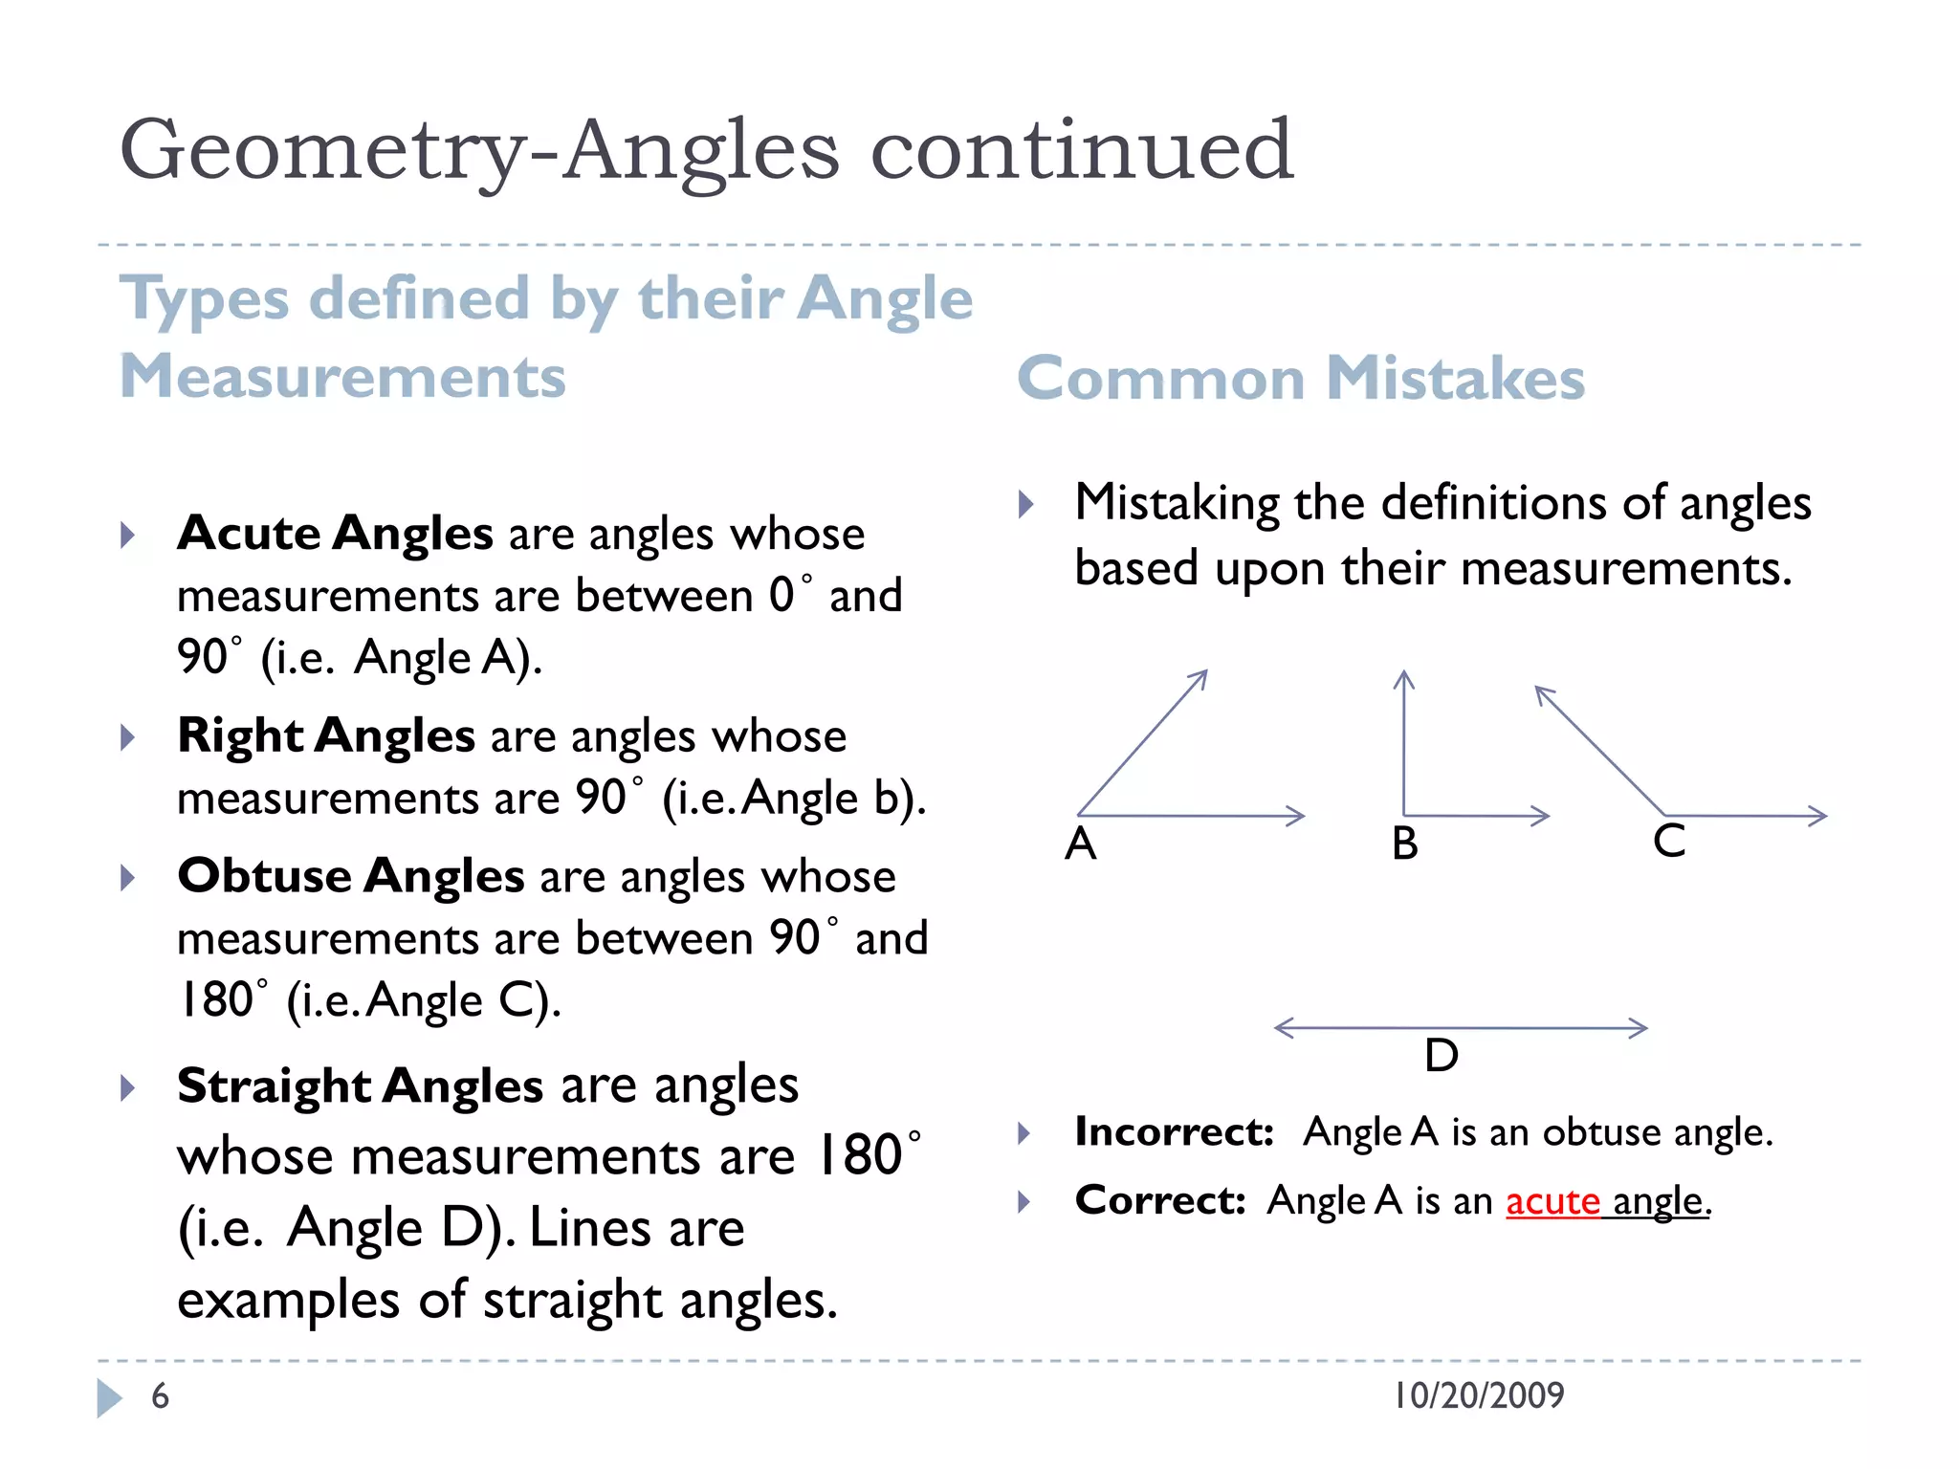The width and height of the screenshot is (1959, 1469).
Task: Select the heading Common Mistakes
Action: [1300, 378]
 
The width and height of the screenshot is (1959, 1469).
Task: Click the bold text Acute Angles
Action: [336, 533]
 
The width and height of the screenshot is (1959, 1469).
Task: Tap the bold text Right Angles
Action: [326, 735]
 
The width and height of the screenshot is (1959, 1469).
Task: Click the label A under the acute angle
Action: [1081, 844]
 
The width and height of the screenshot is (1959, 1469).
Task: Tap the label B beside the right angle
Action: [1404, 844]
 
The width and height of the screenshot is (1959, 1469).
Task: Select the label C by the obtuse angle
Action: [1669, 842]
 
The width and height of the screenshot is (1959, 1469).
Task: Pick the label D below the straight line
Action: [1441, 1056]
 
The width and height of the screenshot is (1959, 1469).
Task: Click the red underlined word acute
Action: [1552, 1201]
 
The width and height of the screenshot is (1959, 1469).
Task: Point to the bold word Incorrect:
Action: [1174, 1132]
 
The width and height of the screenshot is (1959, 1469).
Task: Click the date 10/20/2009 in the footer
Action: [1479, 1395]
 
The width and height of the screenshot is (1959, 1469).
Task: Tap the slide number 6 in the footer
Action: [160, 1396]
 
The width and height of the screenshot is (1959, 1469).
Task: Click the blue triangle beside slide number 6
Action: [109, 1397]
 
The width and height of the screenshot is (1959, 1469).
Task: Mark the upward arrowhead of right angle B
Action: [1403, 678]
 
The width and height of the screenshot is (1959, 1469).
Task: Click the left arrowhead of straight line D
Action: [1283, 1028]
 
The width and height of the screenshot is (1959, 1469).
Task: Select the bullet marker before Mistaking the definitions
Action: [1025, 504]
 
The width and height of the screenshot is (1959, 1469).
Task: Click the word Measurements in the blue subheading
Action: [342, 376]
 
